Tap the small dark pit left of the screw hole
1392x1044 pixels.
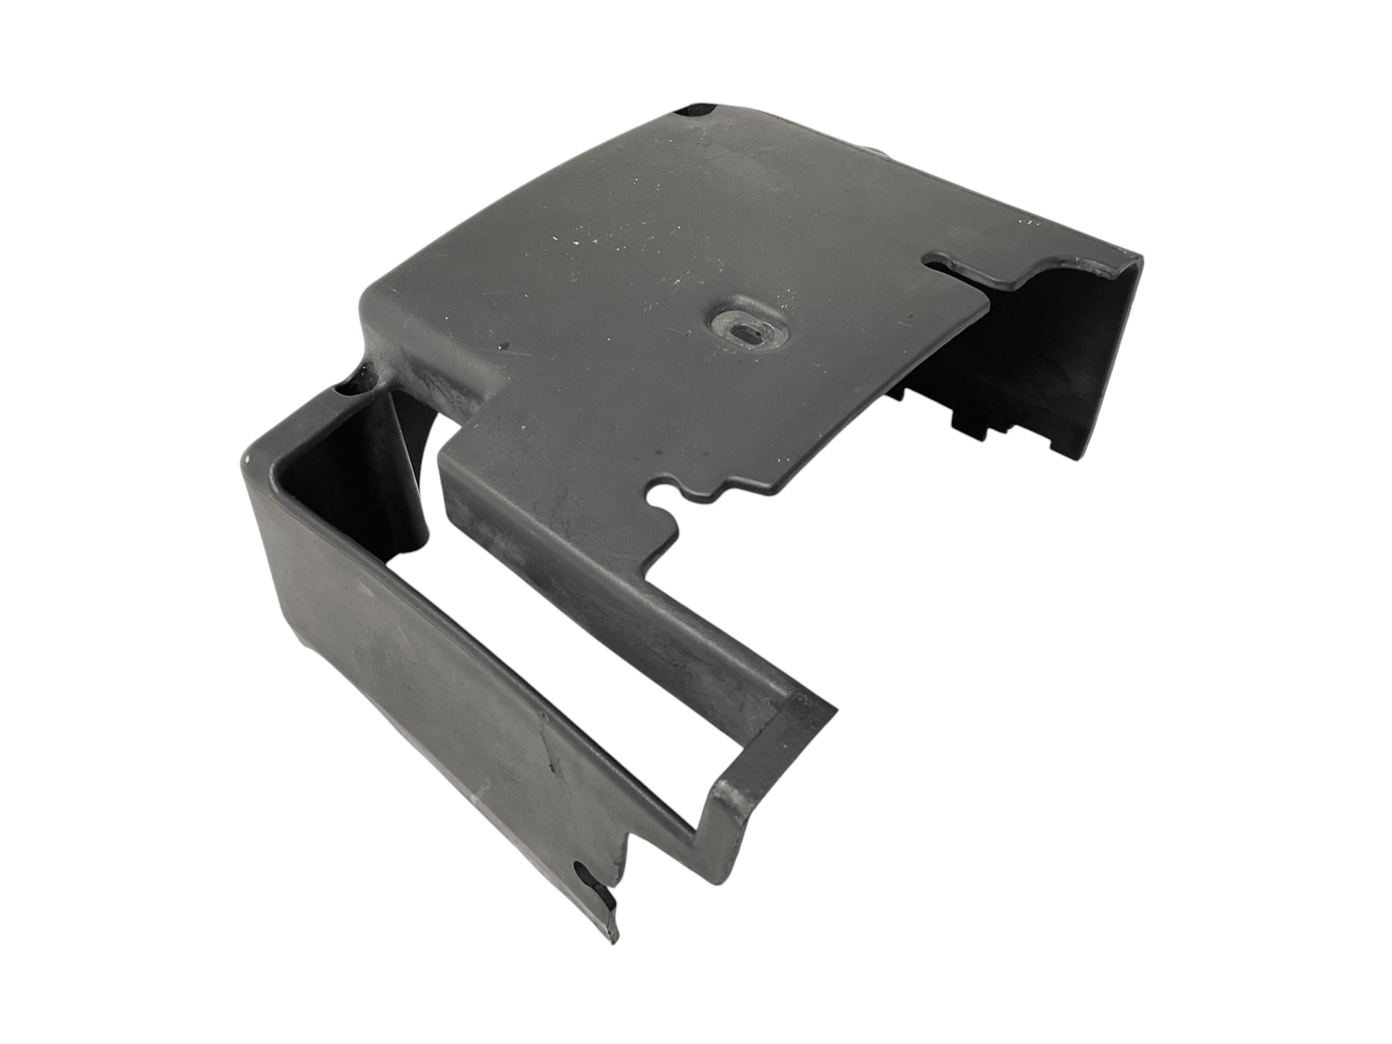(506, 347)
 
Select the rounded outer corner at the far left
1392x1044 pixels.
(250, 458)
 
